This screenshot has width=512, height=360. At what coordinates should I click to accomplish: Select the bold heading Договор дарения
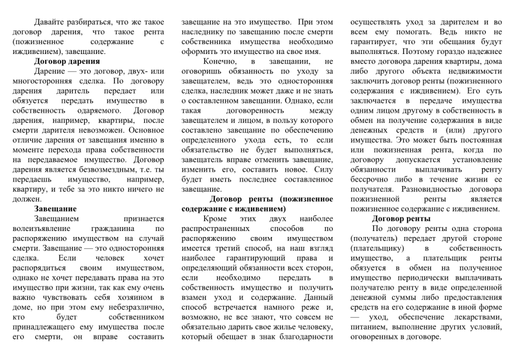(x=66, y=61)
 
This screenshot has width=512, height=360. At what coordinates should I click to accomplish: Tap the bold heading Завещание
(x=55, y=208)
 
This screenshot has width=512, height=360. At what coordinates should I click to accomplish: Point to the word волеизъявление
(x=39, y=228)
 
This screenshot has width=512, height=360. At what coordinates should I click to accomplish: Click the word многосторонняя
(x=40, y=81)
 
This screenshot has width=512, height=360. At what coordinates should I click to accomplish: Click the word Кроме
(x=214, y=218)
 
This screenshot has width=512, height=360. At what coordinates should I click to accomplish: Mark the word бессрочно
(x=371, y=179)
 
